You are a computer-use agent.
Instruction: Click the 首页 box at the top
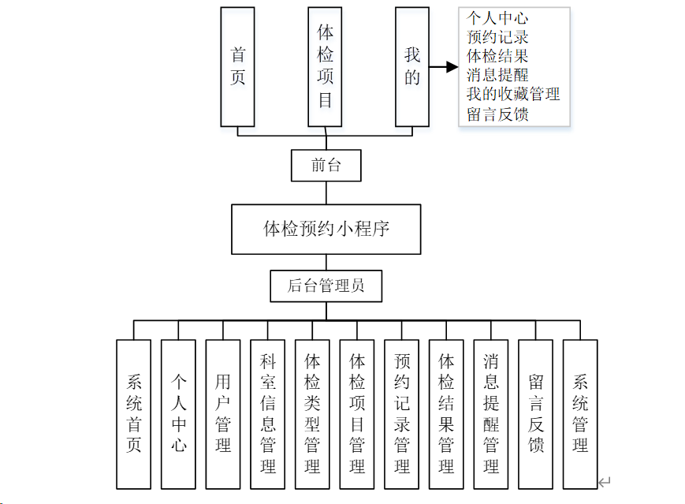[237, 67]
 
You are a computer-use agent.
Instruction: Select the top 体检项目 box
[325, 67]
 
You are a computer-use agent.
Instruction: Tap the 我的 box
[412, 67]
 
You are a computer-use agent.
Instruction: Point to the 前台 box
[326, 166]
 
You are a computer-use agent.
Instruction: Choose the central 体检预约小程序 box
[326, 230]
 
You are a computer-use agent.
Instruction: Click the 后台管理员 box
[326, 286]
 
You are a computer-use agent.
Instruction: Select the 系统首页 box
[133, 414]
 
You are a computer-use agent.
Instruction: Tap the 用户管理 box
[223, 414]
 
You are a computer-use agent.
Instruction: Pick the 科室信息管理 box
[267, 414]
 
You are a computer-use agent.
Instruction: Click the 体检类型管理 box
[312, 414]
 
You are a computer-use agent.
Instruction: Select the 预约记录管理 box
[402, 414]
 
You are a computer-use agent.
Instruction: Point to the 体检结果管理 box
[446, 414]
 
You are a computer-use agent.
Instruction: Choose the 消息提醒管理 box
[491, 414]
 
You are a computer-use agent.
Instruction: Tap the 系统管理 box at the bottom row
[580, 414]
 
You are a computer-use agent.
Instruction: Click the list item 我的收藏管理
[513, 95]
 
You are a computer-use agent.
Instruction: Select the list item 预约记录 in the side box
[497, 37]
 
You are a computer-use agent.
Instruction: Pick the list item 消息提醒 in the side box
[497, 76]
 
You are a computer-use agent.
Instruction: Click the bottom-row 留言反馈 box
[536, 414]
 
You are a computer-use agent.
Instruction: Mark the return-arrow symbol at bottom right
[605, 482]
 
